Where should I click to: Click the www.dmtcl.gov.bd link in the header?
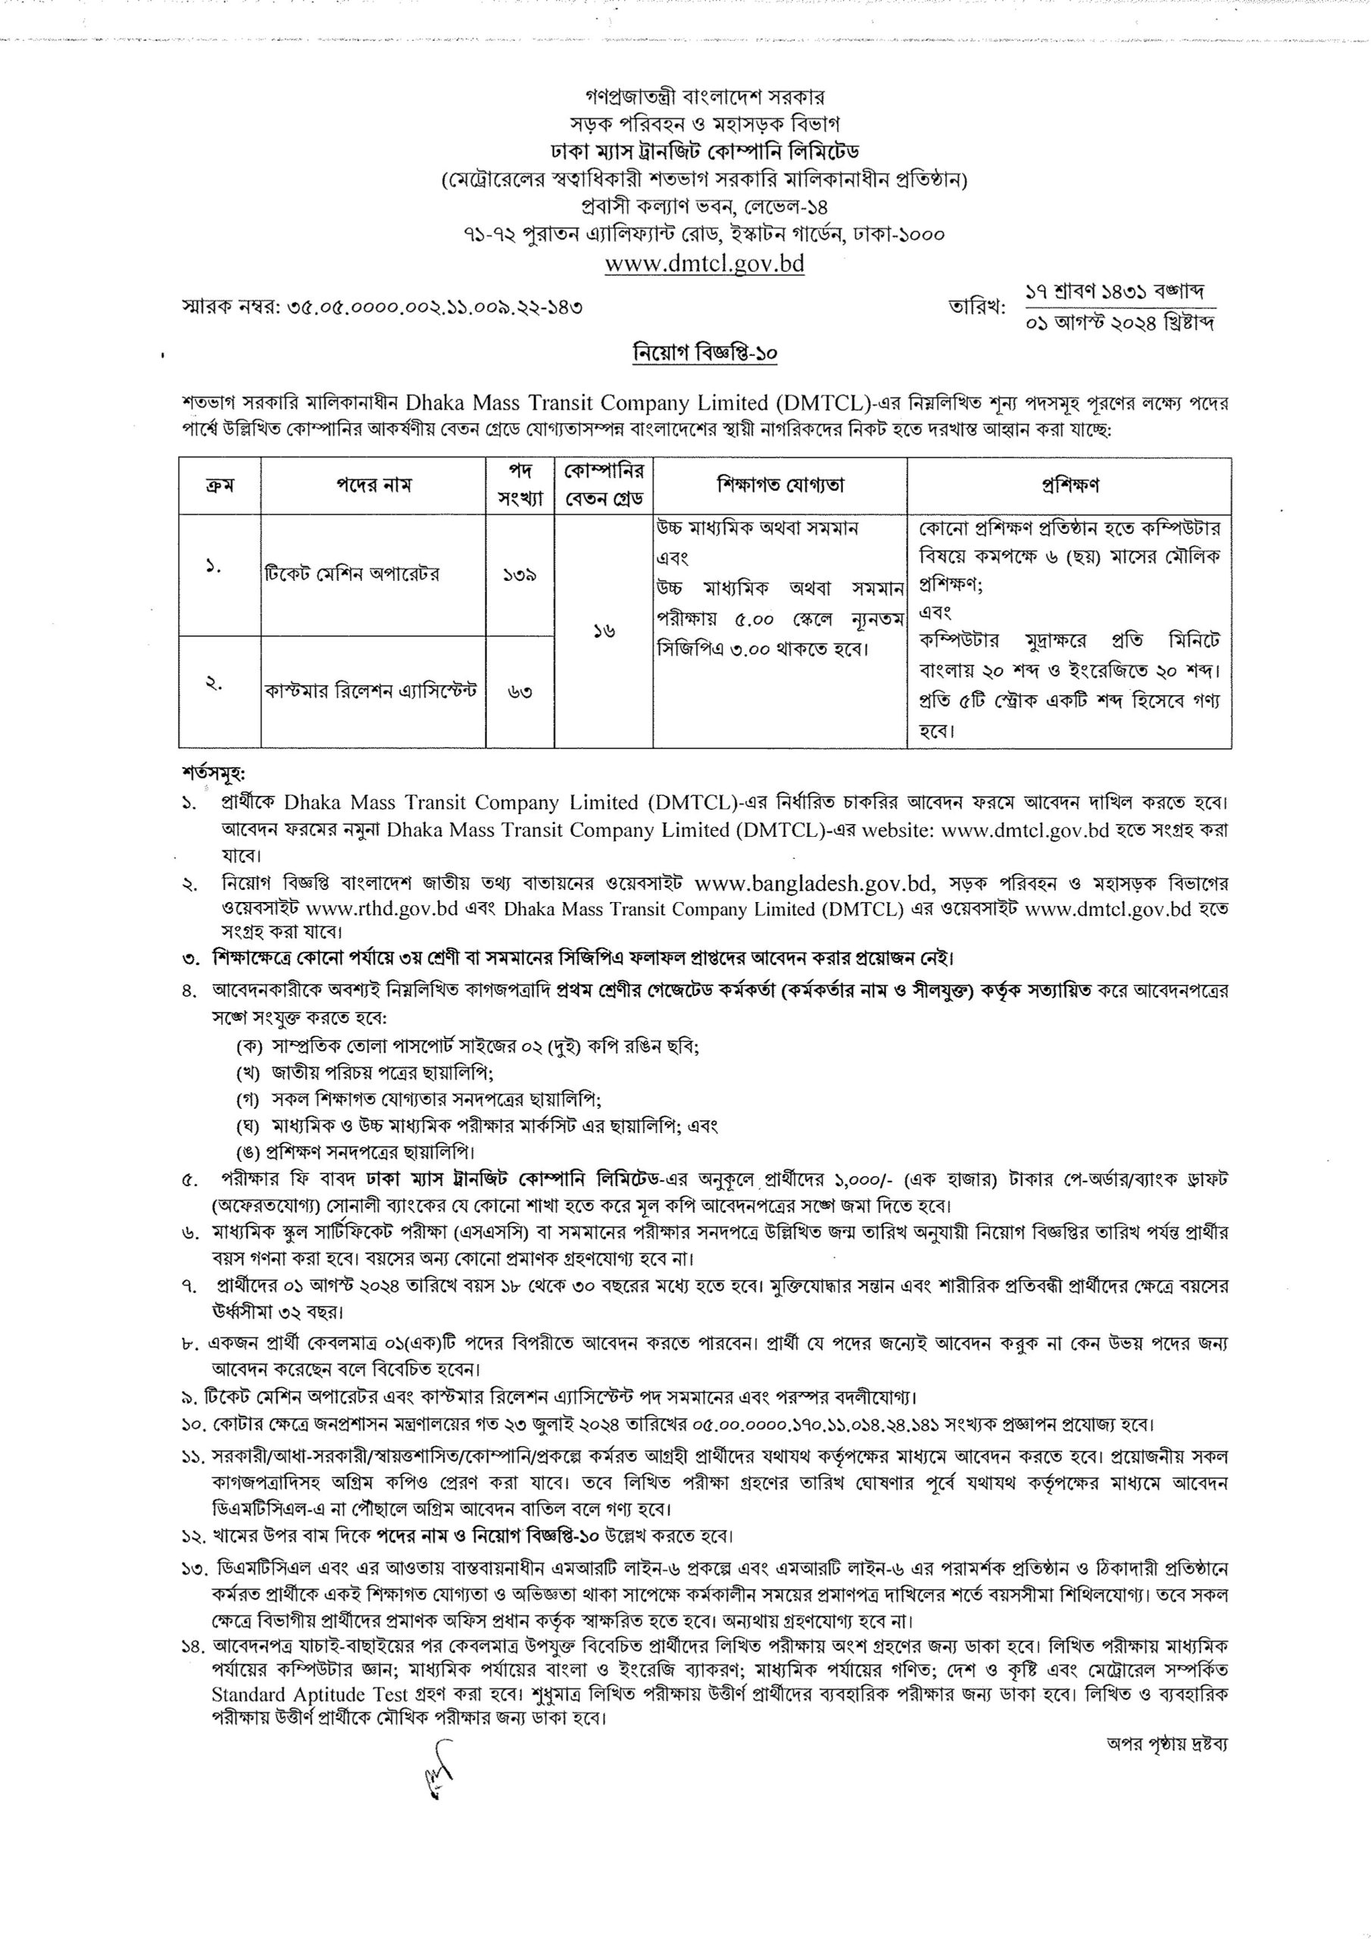tap(704, 264)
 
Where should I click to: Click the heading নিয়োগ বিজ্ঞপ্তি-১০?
tap(704, 354)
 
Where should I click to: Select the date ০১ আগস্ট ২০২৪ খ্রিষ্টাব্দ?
tap(1120, 323)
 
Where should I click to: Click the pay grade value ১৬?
tap(603, 631)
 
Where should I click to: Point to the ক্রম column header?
tap(220, 486)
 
